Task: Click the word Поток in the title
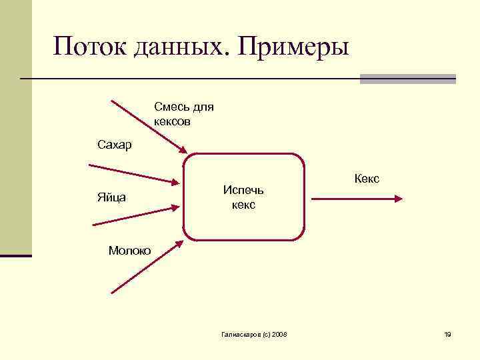coord(91,48)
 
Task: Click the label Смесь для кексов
coord(183,114)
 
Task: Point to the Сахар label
coord(114,145)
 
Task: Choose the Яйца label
coord(113,197)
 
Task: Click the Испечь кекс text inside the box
coord(243,198)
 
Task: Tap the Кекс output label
coord(367,179)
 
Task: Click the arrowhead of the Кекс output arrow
coord(398,198)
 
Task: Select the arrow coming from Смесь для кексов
coord(148,127)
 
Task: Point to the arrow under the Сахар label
coord(133,173)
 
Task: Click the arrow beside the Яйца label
coord(140,214)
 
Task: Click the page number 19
coord(447,334)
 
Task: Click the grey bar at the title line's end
coord(407,79)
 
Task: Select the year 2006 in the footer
coord(279,334)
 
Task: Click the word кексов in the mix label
coord(172,121)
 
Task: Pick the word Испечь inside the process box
coord(243,191)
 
